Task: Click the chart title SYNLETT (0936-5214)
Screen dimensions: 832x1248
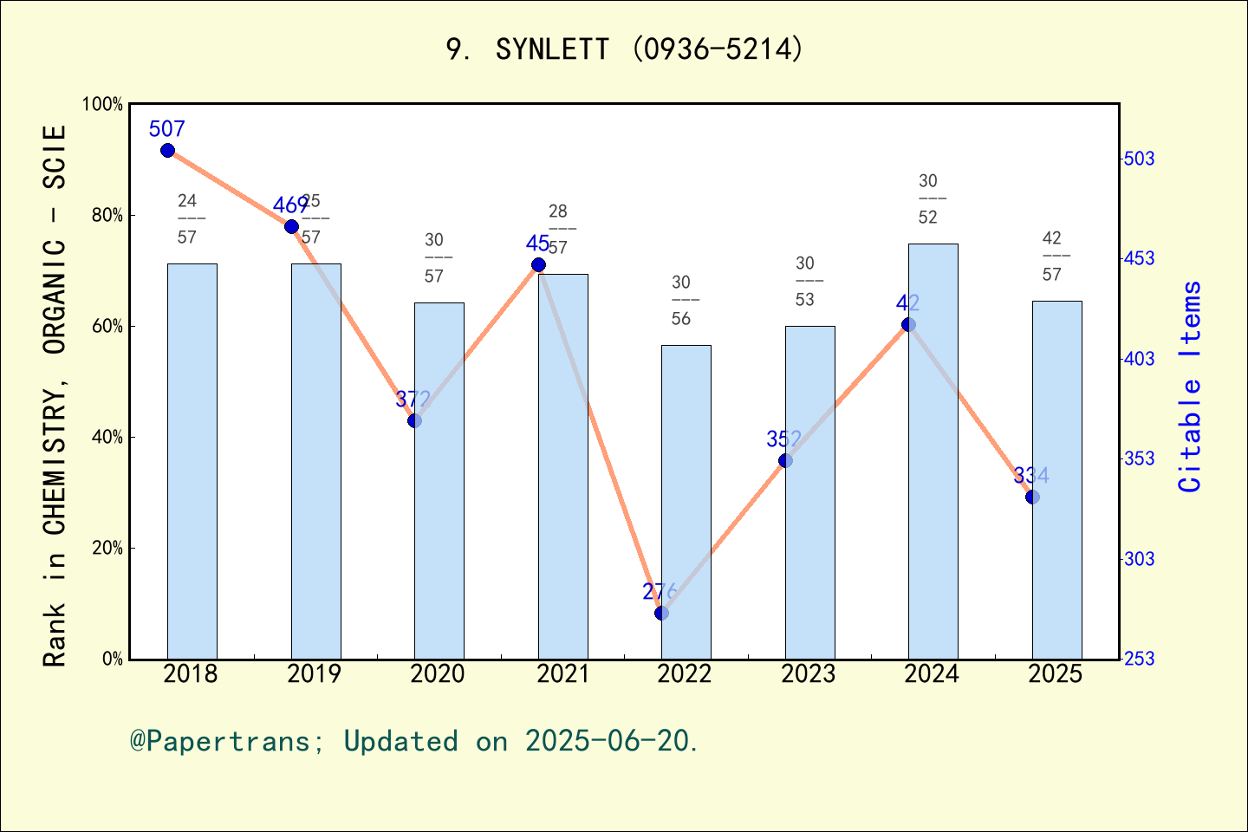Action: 624,49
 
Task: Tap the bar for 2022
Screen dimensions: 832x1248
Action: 686,502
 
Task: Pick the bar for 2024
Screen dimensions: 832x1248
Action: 933,451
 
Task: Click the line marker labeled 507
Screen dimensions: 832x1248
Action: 167,151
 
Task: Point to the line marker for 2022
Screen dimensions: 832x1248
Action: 661,613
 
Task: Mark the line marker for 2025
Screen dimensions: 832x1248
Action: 1032,497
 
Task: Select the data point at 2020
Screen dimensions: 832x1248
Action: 414,420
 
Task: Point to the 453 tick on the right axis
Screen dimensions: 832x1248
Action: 1139,258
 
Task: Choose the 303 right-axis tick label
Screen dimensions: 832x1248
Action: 1139,559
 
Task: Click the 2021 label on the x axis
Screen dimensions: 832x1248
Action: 562,674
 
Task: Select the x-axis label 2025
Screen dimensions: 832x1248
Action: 1055,674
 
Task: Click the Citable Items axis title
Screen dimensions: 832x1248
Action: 1191,387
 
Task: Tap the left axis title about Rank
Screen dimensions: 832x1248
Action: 55,395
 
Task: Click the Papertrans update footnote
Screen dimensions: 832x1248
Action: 413,741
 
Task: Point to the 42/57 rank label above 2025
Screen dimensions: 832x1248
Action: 1051,257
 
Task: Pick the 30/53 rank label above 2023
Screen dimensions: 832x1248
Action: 804,282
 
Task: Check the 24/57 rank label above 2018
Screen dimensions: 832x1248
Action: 187,219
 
